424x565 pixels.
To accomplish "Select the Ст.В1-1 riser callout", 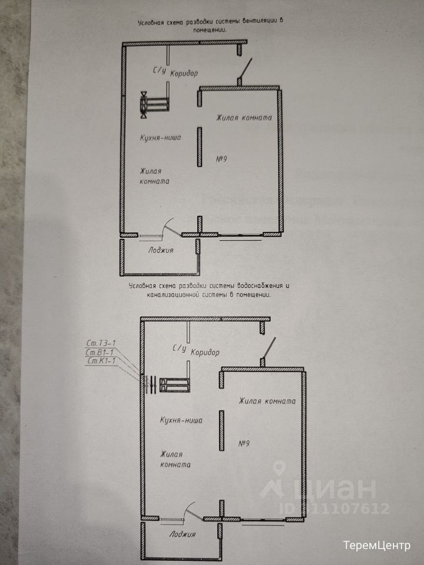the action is point(98,353).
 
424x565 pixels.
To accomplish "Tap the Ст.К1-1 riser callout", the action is point(98,361).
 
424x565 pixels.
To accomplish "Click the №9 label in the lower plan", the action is point(246,443).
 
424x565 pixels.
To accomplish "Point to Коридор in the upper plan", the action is point(184,74).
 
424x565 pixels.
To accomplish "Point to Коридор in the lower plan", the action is point(206,353).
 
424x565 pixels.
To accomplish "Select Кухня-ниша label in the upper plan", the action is point(159,138).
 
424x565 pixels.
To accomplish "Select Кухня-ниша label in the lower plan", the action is point(181,420).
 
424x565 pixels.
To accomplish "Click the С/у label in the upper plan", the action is point(160,72).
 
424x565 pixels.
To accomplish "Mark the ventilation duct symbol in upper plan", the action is point(154,104).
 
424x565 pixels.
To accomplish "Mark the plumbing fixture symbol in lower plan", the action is point(174,384).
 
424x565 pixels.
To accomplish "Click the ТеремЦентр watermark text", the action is point(376,545).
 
